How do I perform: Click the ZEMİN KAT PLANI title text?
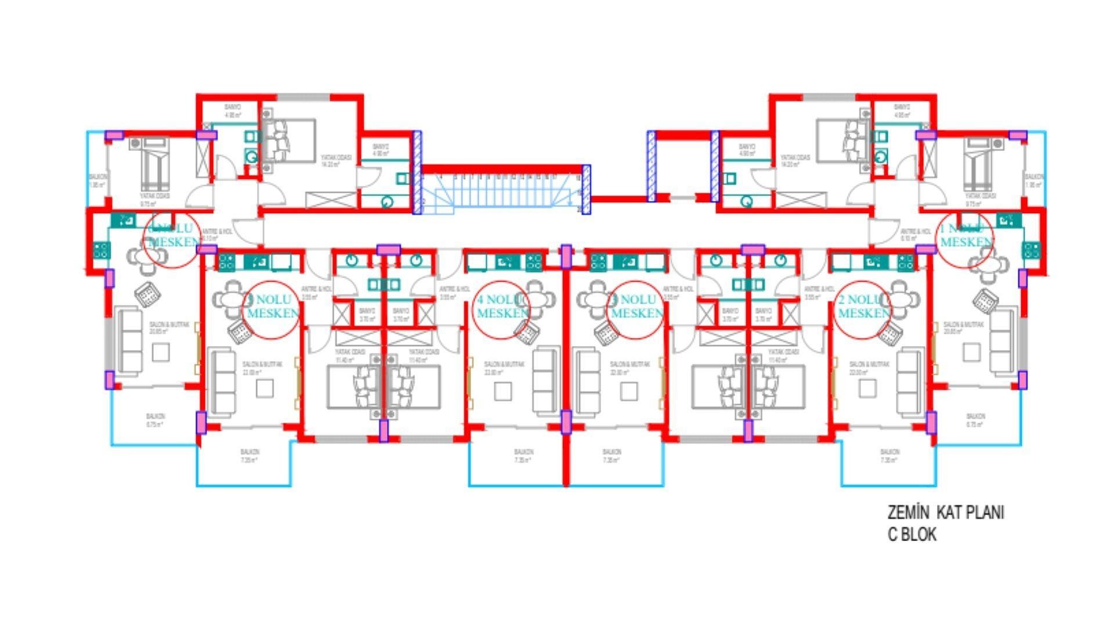pos(945,513)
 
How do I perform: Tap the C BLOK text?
pos(912,535)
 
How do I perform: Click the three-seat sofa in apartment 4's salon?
pos(544,380)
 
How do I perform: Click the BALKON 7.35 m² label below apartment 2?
pos(889,456)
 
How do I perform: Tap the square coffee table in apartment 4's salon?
pos(502,391)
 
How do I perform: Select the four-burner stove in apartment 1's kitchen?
pos(1031,251)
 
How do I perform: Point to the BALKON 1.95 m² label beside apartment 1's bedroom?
pos(1033,181)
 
